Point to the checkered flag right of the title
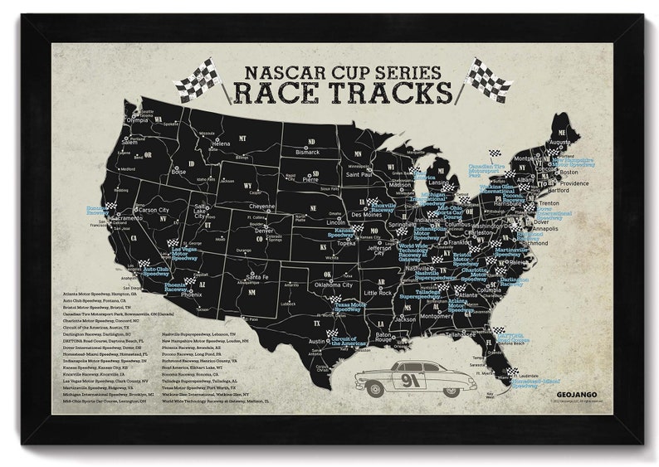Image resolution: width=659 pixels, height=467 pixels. coord(487,79)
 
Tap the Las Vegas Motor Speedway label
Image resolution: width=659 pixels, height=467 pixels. coord(184,252)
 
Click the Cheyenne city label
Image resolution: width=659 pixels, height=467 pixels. coord(261,206)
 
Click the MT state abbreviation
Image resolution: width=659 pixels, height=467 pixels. coord(242,138)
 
